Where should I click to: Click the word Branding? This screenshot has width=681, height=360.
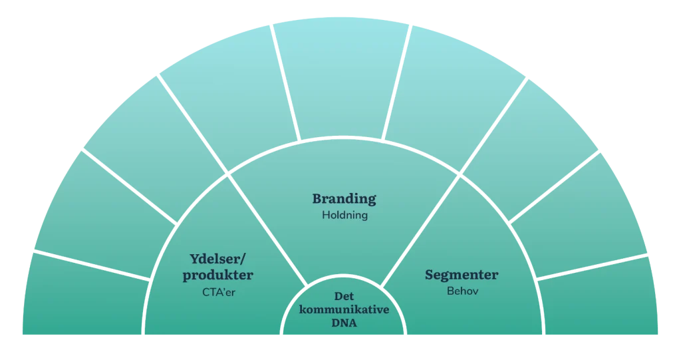[344, 199]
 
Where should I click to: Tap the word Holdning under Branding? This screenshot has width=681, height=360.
[344, 215]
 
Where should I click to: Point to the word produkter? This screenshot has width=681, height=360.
[218, 275]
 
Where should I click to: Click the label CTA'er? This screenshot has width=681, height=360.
[218, 291]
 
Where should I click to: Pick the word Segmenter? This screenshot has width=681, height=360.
[462, 275]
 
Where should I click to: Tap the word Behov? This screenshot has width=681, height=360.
[462, 291]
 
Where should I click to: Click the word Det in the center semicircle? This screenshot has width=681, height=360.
[344, 297]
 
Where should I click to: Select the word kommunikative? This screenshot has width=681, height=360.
[344, 311]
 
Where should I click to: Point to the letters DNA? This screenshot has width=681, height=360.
[344, 324]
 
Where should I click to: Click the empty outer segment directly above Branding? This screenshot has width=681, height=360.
[342, 80]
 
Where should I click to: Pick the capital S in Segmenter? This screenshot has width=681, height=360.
[430, 275]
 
